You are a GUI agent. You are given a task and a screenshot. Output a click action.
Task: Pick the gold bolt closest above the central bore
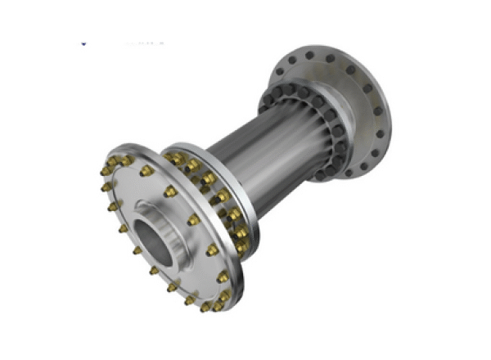point(170,192)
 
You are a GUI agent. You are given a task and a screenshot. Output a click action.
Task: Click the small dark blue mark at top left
point(84,41)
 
